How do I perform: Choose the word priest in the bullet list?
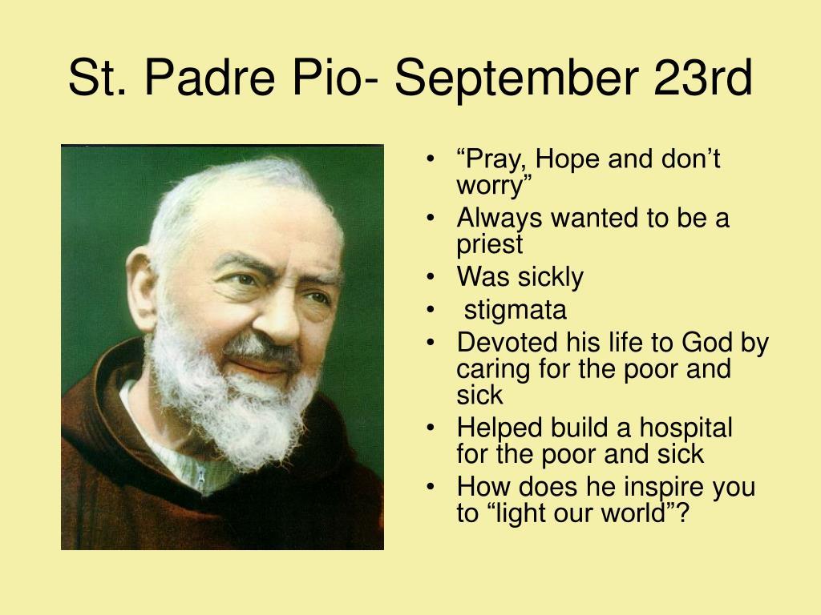(489, 243)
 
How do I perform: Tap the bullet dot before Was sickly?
(433, 278)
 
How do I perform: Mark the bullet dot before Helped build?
(433, 428)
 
